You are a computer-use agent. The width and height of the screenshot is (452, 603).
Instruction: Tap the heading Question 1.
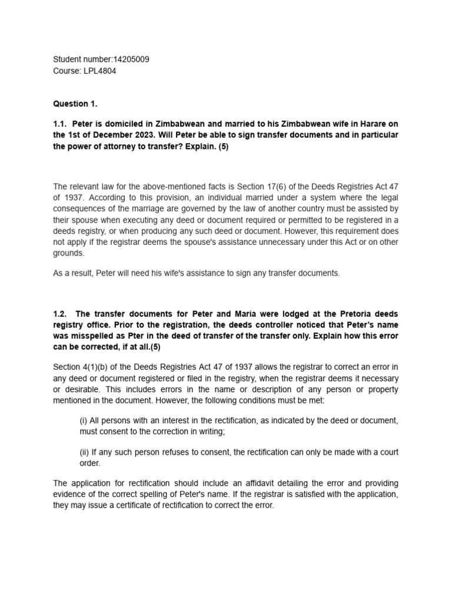pos(75,104)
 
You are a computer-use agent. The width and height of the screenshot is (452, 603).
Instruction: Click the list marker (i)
pos(84,420)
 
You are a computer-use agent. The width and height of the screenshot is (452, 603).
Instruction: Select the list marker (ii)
pos(85,452)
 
